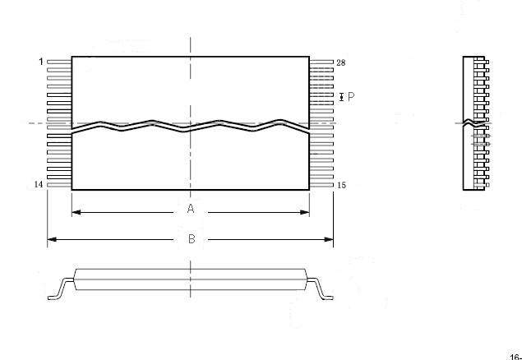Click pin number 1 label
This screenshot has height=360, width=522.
click(41, 62)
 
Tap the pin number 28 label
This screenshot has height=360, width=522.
click(341, 62)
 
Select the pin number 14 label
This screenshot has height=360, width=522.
click(39, 185)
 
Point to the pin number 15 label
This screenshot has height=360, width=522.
click(342, 185)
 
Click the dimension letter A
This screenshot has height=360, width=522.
click(191, 209)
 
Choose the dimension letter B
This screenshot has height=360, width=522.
click(192, 239)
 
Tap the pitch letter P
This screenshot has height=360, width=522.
click(351, 97)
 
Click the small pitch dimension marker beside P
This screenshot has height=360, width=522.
click(341, 97)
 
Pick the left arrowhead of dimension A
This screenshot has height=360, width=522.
click(76, 212)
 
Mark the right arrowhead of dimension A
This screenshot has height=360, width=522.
click(305, 212)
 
